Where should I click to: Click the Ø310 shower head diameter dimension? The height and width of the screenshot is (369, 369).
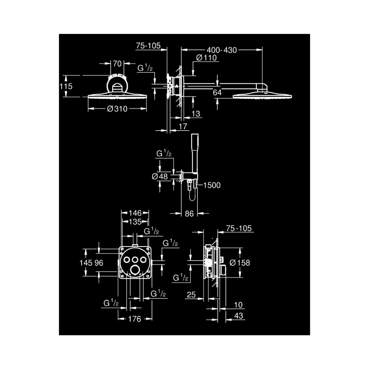pos(117,109)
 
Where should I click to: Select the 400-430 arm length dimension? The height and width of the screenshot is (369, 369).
pos(221,50)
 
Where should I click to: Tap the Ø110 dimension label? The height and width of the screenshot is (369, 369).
pos(206,58)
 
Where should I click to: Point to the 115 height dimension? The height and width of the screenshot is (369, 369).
pos(66,86)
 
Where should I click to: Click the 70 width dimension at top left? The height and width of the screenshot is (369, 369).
pos(117,63)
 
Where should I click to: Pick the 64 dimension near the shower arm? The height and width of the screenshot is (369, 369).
pos(217,92)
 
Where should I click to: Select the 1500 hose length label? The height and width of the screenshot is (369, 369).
pos(212,185)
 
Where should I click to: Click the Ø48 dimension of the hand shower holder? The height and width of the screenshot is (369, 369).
pos(160,176)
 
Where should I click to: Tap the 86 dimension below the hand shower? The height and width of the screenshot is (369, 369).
pos(189,214)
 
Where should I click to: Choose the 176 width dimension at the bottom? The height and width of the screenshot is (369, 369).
pos(135,319)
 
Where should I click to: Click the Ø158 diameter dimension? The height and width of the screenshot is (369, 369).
pos(239,263)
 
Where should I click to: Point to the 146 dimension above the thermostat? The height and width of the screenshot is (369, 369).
pos(135,213)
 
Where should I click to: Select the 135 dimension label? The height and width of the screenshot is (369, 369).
pos(135,221)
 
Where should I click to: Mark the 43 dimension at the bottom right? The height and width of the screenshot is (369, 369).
pos(239,315)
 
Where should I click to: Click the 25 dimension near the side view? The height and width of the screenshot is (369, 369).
pos(191,294)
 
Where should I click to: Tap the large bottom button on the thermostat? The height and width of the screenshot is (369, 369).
pos(135,270)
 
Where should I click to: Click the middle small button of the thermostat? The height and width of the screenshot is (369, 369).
pos(135,260)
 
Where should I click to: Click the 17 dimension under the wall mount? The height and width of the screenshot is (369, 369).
pos(183,126)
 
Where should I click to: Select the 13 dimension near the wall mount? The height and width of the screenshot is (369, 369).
pos(196,114)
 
